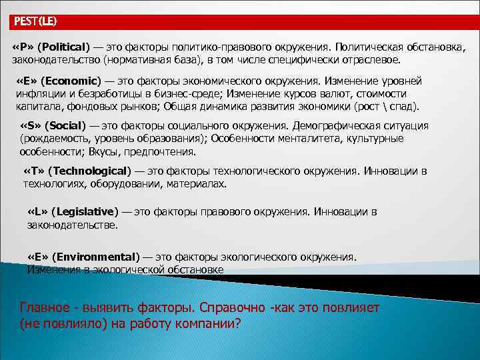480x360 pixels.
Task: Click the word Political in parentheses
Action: point(64,47)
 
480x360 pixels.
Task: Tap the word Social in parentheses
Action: point(65,125)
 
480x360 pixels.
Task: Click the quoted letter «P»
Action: point(22,47)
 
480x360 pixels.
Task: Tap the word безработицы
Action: point(109,94)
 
